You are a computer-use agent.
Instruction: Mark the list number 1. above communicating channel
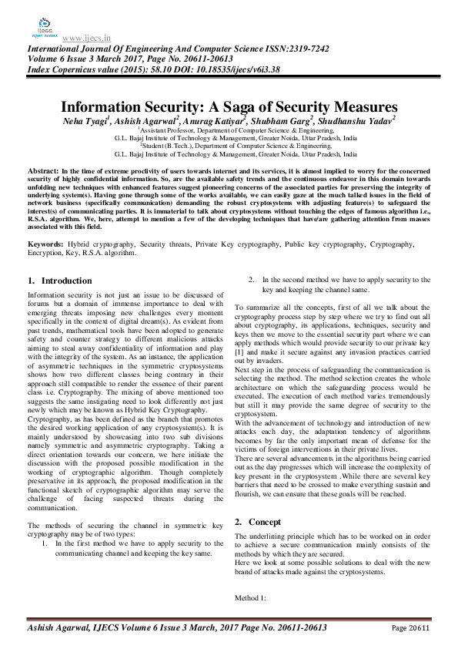(45, 543)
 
